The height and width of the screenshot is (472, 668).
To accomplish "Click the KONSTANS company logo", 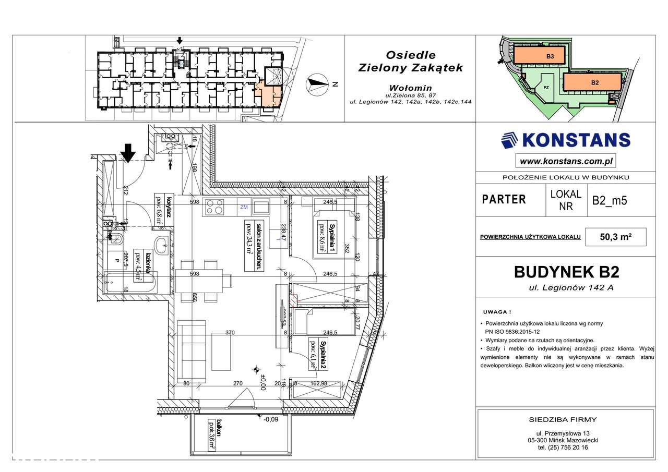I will (565, 140).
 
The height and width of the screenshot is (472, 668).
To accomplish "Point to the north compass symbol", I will (317, 82).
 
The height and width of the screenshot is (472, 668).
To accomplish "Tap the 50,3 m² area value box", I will (616, 236).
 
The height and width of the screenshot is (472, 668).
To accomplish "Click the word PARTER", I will (504, 199).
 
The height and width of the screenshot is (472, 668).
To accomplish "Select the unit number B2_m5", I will (609, 200).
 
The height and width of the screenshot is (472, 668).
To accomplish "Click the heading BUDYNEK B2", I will (566, 272).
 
